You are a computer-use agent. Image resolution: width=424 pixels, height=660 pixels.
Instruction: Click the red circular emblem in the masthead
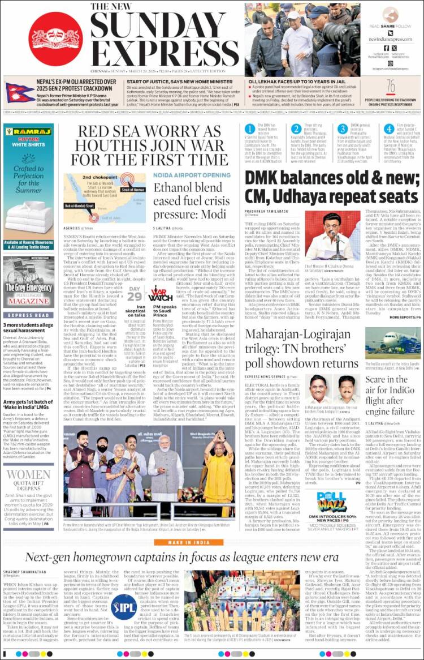(55, 38)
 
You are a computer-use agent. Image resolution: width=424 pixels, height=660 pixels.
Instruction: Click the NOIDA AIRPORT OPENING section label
(192, 175)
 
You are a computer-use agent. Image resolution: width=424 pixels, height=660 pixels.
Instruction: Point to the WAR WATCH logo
(161, 295)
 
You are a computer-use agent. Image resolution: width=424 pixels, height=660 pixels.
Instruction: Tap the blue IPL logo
(124, 607)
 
